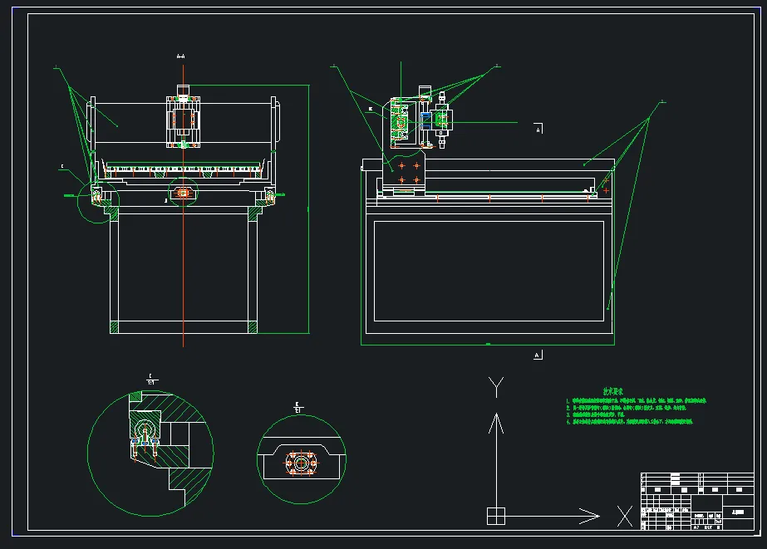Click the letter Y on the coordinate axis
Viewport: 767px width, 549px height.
point(496,386)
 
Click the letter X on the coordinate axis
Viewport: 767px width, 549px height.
point(624,516)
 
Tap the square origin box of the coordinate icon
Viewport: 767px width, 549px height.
point(495,516)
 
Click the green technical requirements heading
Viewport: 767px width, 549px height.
point(613,391)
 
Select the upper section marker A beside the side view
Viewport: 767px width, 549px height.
point(538,130)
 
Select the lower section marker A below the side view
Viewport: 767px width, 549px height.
point(538,355)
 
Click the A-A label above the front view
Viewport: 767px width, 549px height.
point(181,56)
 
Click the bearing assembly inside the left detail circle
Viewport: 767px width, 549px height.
point(145,435)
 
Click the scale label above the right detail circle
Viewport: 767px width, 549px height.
point(297,407)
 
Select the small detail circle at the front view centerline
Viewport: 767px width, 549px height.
point(184,194)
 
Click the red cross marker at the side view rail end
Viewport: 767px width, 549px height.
point(606,190)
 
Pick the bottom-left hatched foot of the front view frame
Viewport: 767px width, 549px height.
point(115,326)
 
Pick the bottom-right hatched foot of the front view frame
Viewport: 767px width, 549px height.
point(253,326)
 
